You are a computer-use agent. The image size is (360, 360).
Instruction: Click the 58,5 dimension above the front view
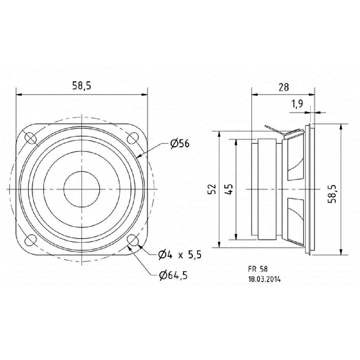[x=82, y=86]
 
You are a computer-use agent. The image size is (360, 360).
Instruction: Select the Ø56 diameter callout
[x=179, y=144]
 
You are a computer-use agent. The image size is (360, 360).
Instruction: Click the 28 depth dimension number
[x=283, y=87]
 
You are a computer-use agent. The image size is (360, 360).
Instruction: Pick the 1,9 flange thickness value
[x=297, y=104]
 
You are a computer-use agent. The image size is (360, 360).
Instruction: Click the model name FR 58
[x=257, y=268]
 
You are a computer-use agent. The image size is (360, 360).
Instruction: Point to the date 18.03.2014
[x=264, y=280]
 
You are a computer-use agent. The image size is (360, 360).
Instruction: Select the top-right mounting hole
[x=133, y=138]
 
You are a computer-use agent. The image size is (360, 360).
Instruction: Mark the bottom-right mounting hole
[x=133, y=241]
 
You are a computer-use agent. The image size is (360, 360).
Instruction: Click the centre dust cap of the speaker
[x=81, y=189]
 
